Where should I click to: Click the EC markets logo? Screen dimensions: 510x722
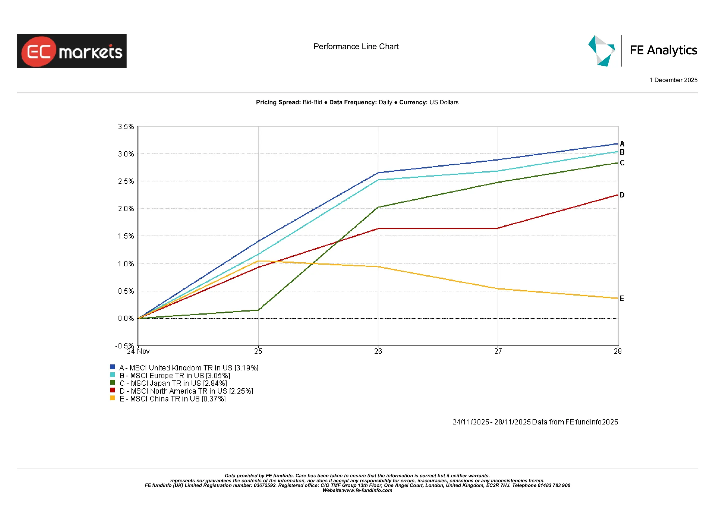tap(72, 51)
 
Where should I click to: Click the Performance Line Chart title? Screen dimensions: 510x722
tap(356, 46)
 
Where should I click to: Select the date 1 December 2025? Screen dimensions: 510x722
tap(673, 80)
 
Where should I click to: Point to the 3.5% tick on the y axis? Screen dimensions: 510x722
tap(126, 127)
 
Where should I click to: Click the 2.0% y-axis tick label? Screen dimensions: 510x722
tap(126, 209)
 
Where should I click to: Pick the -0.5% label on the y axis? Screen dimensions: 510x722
tap(125, 346)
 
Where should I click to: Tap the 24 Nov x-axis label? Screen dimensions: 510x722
tap(138, 351)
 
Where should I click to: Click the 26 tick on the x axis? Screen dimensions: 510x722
tap(378, 351)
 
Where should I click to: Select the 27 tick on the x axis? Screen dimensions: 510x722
tap(498, 351)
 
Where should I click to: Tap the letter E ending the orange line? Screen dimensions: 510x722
tap(622, 298)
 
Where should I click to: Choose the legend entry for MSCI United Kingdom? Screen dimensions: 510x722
tap(189, 368)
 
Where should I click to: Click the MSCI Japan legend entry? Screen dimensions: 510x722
tap(173, 383)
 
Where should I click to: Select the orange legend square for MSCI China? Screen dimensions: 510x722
tap(113, 398)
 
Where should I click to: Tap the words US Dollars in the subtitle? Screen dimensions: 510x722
tap(444, 103)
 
